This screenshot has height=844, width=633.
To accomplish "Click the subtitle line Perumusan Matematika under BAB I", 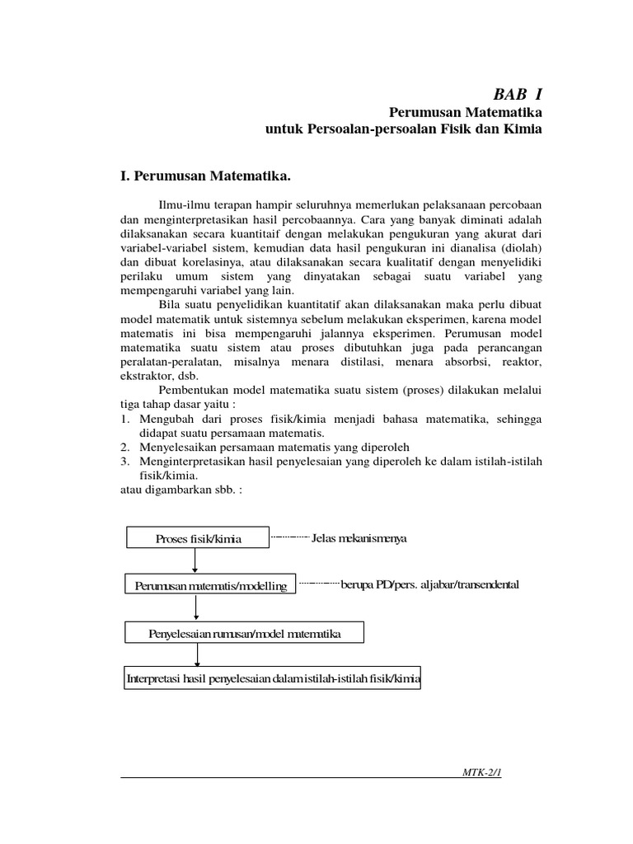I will (x=465, y=112).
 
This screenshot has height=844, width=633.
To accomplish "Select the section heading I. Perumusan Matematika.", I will (x=206, y=176).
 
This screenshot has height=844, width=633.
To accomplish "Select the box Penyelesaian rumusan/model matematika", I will (x=244, y=633).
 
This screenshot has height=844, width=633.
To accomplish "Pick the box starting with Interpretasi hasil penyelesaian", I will (x=272, y=679).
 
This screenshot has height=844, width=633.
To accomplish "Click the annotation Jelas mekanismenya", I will (x=359, y=538).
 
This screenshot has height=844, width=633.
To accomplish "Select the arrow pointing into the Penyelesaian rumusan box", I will (x=196, y=607).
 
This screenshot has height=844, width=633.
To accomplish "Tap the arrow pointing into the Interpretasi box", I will (x=196, y=654).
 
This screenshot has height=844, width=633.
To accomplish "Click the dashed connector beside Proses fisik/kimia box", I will (x=290, y=538).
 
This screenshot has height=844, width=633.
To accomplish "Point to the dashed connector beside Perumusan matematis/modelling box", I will (x=318, y=584).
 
